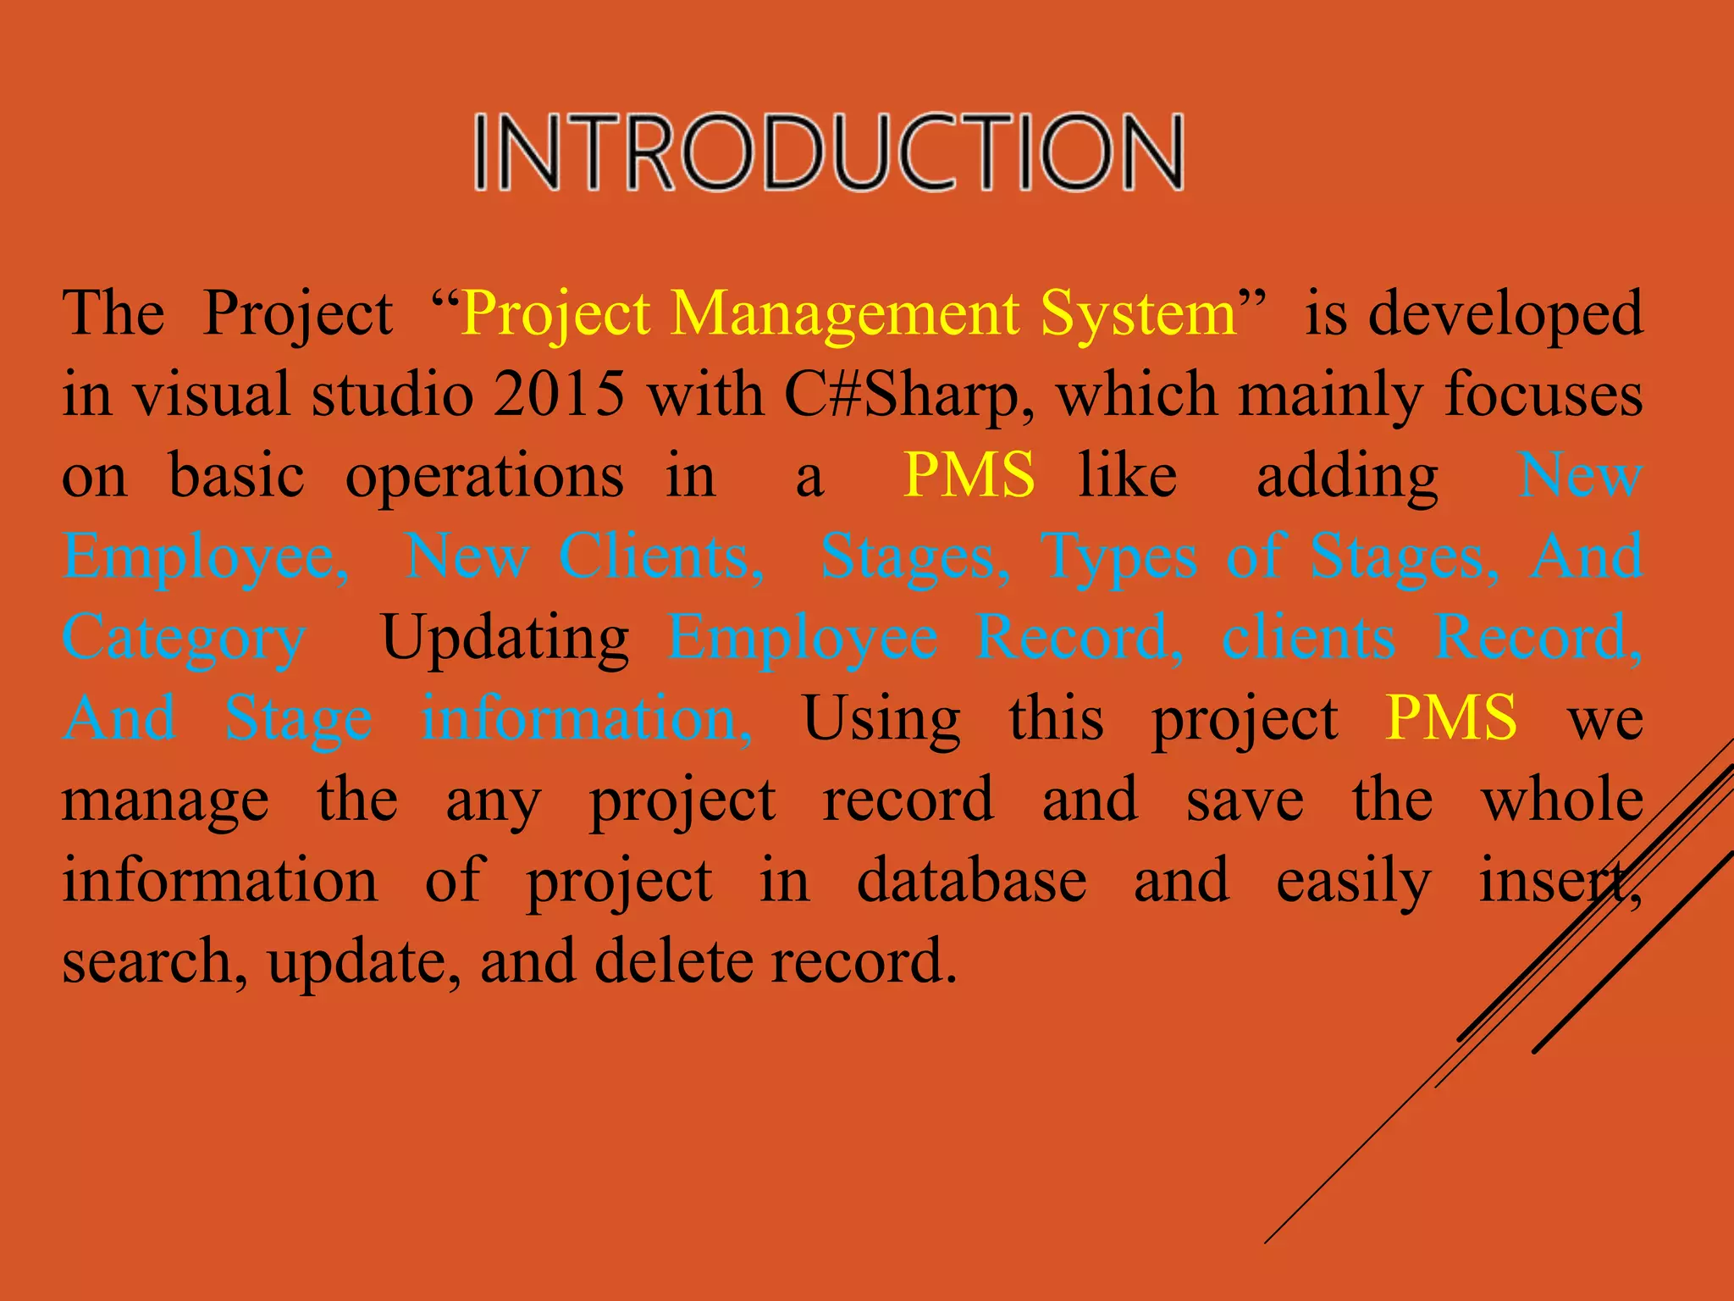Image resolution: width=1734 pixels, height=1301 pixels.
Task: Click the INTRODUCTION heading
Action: (828, 152)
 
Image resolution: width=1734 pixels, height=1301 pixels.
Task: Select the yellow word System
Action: (1139, 314)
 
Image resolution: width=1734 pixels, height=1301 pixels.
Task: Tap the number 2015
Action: (560, 395)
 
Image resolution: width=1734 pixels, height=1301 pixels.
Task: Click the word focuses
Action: (1543, 395)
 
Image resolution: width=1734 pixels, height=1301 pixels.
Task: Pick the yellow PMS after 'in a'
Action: (969, 475)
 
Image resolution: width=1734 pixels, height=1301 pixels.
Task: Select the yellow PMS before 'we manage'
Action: (1451, 718)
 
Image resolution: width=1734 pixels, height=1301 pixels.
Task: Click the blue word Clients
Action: (661, 557)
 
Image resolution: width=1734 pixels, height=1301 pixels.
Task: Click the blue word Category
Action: (184, 639)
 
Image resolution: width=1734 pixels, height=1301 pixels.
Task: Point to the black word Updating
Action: (505, 637)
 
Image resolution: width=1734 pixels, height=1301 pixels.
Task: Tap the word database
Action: (971, 881)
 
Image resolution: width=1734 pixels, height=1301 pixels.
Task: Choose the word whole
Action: (1562, 800)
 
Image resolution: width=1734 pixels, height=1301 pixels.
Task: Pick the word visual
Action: (212, 395)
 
